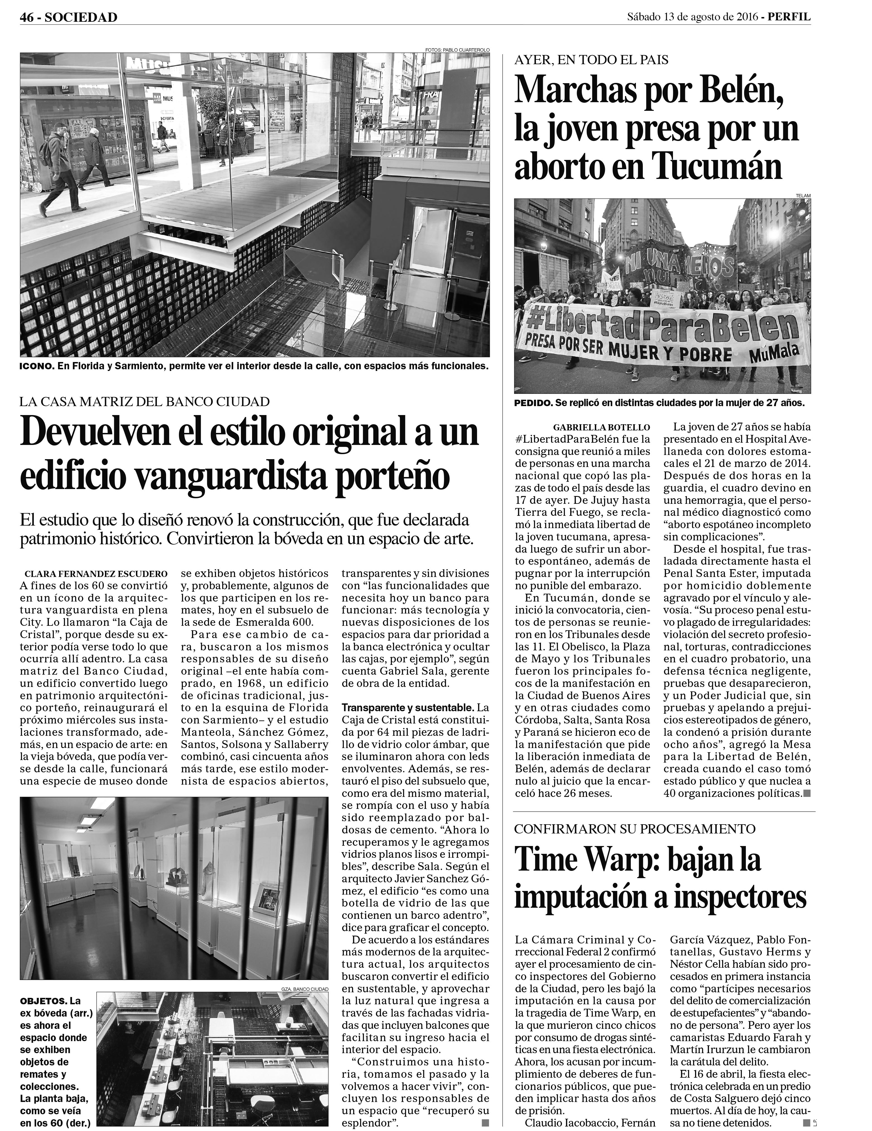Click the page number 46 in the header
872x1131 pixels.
pos(27,17)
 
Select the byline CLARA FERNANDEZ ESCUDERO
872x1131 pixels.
pos(96,574)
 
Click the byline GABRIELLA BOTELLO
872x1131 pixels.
pos(601,428)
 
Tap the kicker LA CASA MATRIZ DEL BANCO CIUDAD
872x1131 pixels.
pos(145,401)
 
